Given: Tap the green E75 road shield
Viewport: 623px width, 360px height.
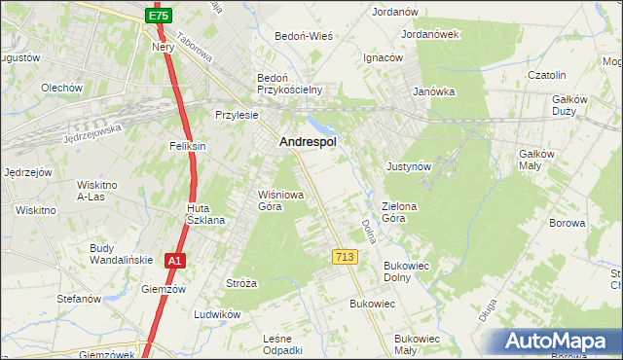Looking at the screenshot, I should (160, 17).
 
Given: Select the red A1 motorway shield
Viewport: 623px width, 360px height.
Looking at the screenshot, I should (173, 261).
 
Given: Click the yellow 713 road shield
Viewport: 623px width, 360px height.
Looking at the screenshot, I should (344, 256).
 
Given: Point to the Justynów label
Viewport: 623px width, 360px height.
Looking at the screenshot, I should (409, 166).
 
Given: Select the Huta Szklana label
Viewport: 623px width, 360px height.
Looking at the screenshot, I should (206, 214).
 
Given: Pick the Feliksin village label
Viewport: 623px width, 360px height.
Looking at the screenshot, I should (188, 146).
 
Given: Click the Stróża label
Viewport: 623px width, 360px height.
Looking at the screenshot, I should (240, 284).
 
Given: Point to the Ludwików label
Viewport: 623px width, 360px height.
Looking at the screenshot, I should (216, 314).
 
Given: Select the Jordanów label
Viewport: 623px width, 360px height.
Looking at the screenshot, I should (395, 12).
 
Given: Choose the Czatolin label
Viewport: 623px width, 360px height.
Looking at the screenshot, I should (547, 75).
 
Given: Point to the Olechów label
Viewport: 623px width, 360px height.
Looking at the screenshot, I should (60, 88).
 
